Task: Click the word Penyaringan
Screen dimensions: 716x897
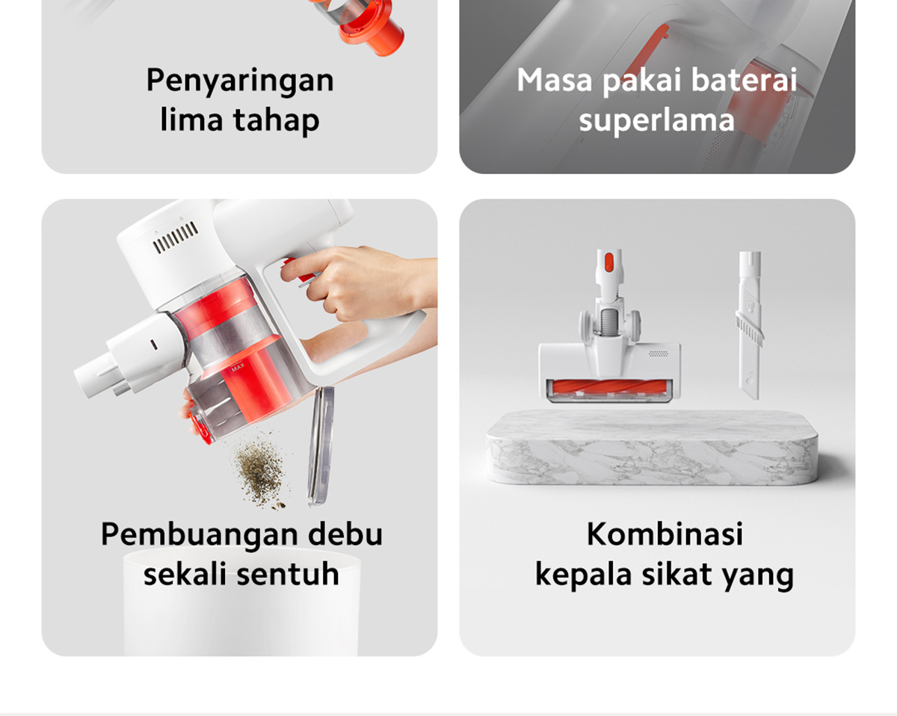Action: (x=239, y=81)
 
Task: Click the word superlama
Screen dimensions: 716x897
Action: (x=656, y=120)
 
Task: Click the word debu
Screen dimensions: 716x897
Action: (x=345, y=535)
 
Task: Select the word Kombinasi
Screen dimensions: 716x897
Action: (x=665, y=535)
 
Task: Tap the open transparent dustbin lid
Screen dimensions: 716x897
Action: (x=321, y=445)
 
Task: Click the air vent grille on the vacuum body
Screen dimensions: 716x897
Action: (x=176, y=238)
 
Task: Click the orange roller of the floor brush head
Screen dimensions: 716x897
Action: (x=610, y=388)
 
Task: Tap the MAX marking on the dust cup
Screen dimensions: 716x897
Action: (x=238, y=368)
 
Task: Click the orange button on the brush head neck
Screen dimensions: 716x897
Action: (x=608, y=262)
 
